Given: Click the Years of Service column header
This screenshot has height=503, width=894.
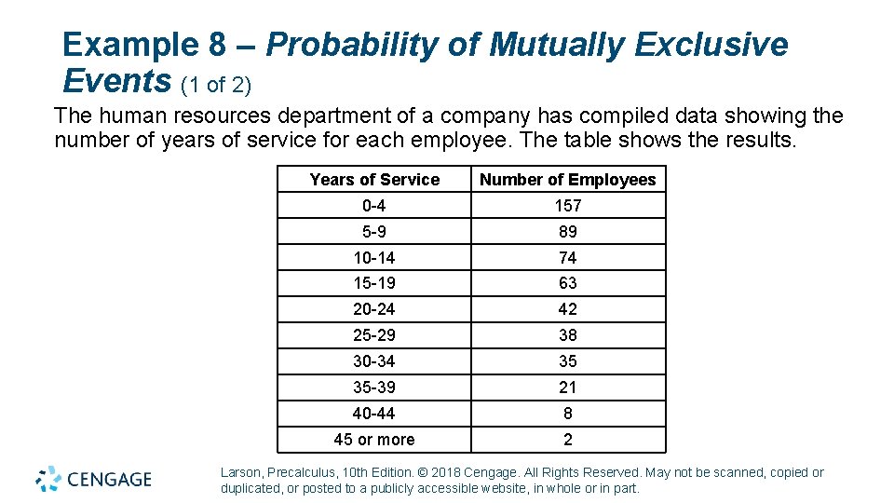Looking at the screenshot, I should click(x=374, y=180).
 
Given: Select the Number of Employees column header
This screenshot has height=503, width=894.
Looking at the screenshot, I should click(x=567, y=180).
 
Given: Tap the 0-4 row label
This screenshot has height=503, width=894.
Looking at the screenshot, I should click(x=374, y=206).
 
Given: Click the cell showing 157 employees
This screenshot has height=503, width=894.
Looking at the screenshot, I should click(x=567, y=206).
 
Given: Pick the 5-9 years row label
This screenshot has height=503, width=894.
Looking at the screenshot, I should click(x=374, y=232).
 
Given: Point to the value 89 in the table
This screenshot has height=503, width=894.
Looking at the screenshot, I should click(x=567, y=232).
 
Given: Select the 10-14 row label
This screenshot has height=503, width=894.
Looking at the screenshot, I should click(x=374, y=258).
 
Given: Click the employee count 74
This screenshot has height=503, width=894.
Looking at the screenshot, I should click(x=567, y=258).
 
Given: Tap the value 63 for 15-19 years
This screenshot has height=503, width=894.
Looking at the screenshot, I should click(x=567, y=283).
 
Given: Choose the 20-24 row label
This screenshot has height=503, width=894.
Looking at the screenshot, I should click(x=374, y=309).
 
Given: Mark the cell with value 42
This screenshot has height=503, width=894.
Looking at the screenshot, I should click(x=567, y=309).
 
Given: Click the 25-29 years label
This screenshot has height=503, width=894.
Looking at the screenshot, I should click(x=374, y=335).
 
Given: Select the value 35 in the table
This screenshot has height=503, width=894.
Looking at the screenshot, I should click(x=567, y=361).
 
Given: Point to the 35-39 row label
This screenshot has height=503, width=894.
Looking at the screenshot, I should click(x=374, y=387).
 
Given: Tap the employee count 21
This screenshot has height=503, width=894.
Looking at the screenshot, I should click(x=567, y=387).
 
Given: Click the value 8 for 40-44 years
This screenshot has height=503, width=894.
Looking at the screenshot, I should click(x=567, y=414).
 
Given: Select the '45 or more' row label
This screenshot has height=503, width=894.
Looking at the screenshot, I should click(x=374, y=440).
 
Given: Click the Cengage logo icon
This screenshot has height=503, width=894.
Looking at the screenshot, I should click(x=48, y=479).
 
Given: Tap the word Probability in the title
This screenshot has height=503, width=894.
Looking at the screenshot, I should click(x=374, y=45).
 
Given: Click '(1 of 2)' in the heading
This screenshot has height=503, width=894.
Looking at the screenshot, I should click(x=216, y=86).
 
